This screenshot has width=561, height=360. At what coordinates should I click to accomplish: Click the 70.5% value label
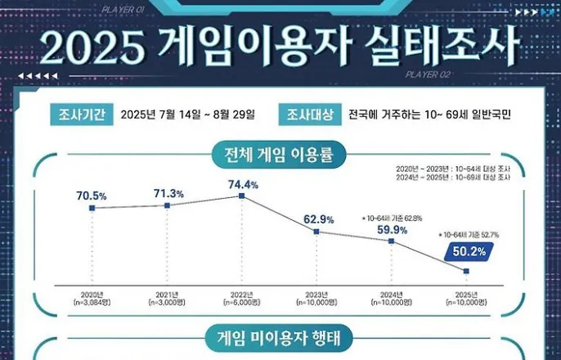[x=92, y=196]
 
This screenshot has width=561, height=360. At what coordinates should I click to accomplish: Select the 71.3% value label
[x=167, y=192]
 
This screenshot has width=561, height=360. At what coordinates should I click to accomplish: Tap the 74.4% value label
[x=243, y=184]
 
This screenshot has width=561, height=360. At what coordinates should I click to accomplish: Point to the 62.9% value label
[x=317, y=219]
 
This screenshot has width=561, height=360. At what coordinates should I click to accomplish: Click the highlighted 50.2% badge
[x=467, y=252]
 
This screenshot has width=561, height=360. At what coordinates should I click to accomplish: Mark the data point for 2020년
[x=92, y=209]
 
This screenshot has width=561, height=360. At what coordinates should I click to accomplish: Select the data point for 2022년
[x=242, y=196]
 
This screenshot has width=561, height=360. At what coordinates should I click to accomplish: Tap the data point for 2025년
[x=467, y=271]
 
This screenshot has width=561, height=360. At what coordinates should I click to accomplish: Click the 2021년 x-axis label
[x=167, y=294]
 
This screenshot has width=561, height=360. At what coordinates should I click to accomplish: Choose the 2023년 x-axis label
[x=317, y=294]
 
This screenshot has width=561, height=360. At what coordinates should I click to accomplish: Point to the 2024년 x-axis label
[x=393, y=294]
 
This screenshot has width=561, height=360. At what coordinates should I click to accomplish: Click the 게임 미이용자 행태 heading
[x=280, y=335]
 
